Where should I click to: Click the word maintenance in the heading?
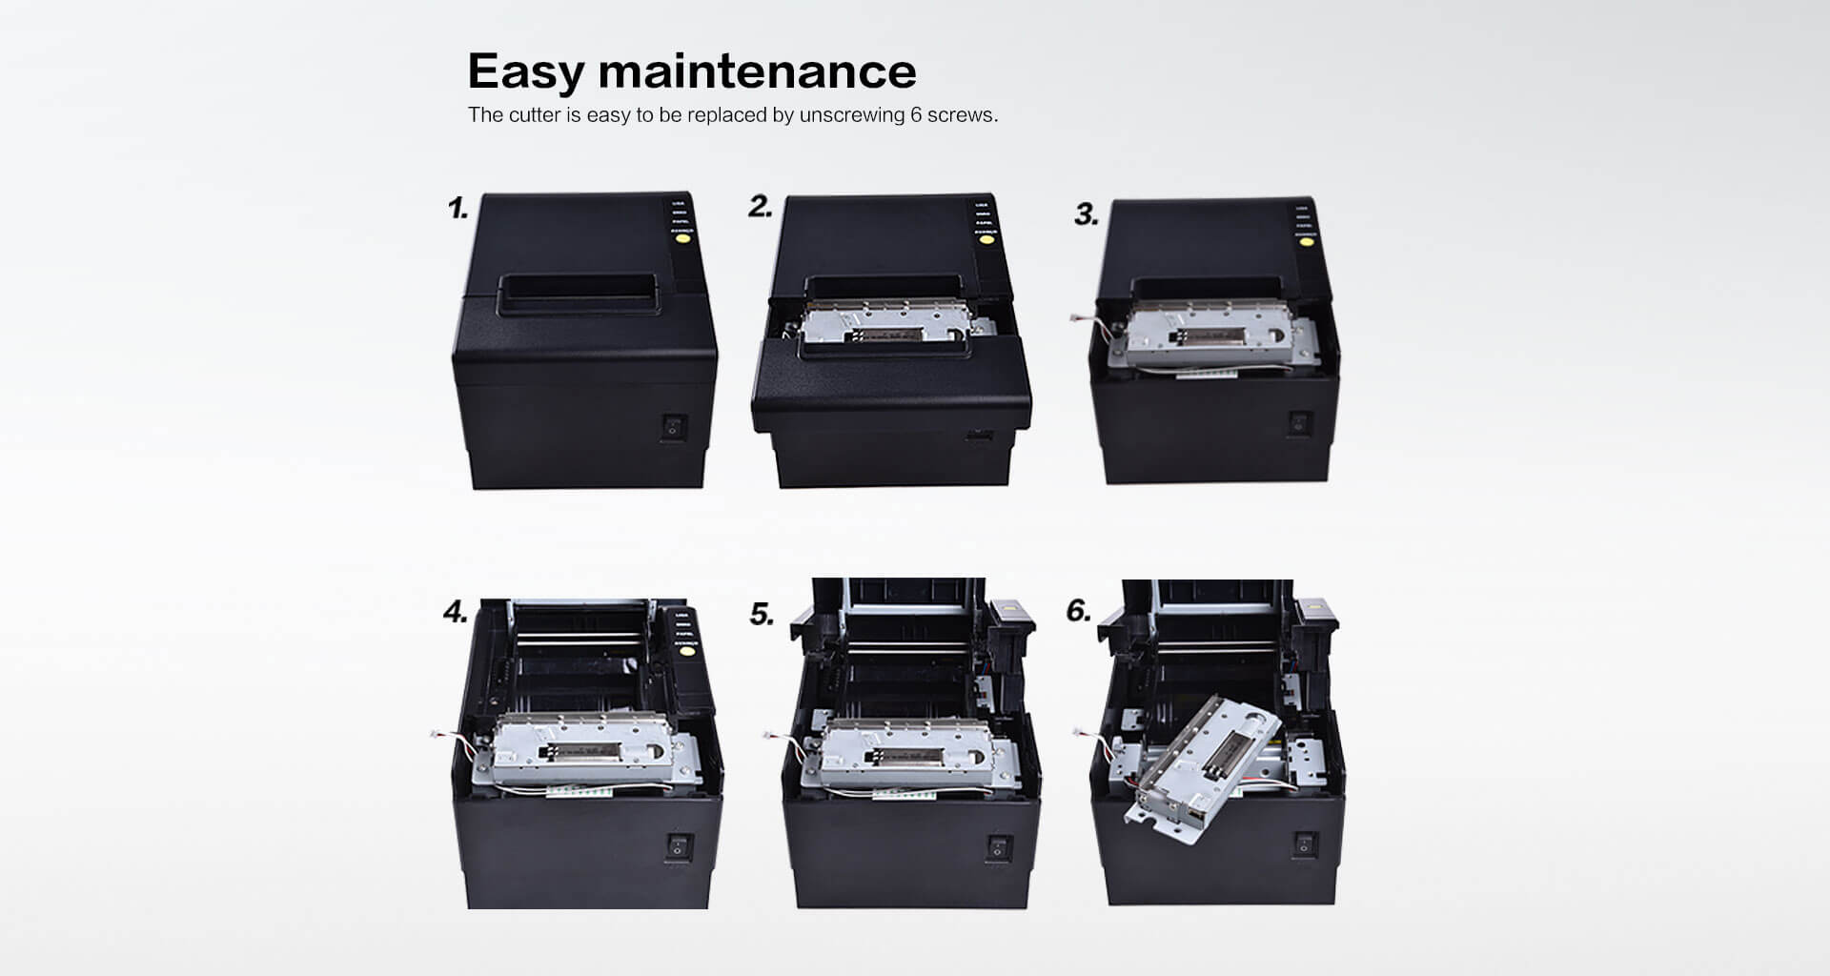coord(757,71)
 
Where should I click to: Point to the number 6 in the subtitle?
coord(915,115)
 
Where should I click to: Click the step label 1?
coord(458,209)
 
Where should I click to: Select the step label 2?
coord(760,207)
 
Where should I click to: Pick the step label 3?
coord(1087,214)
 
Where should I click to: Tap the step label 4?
coord(456,612)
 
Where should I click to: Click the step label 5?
coord(762,615)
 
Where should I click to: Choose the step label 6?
coord(1078,611)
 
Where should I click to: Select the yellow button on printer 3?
coord(1303,246)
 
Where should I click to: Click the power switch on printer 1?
coord(674,427)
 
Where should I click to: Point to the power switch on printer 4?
coord(679,845)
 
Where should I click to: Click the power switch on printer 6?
coord(1304,844)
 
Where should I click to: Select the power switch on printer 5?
coord(997,845)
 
